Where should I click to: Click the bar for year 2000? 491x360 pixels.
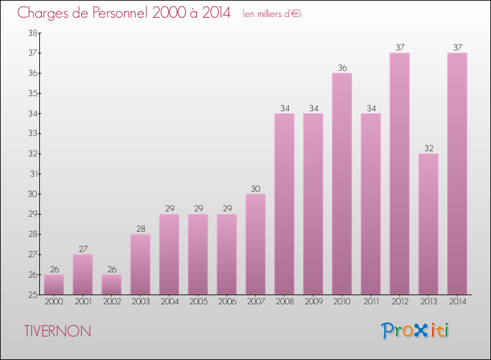54,285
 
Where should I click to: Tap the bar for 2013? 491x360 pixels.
428,224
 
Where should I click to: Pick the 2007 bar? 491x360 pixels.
255,244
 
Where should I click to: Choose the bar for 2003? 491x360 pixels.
140,264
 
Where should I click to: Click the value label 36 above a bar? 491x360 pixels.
342,67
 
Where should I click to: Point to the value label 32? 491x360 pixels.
428,148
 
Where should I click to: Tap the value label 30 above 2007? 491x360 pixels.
255,189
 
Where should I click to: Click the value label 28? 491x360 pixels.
140,229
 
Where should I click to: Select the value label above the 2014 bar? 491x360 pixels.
457,47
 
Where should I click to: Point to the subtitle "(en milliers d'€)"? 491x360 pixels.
271,14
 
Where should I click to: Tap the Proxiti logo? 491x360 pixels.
416,331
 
